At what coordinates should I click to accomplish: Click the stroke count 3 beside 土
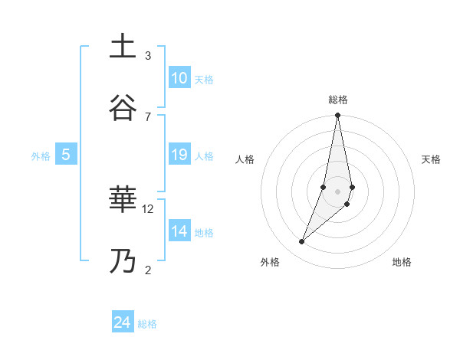point(148,56)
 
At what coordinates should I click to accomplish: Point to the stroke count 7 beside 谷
point(148,116)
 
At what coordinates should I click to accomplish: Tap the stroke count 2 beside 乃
point(148,270)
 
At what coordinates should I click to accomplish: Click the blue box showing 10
point(179,78)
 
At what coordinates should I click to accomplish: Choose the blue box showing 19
point(179,155)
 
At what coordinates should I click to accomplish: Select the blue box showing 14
point(179,231)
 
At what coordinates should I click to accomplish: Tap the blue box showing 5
point(66,155)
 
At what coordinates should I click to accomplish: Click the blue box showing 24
point(123,322)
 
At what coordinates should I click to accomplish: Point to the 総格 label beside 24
point(147,324)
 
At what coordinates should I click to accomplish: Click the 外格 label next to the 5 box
point(41,156)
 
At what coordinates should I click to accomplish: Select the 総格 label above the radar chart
point(338,100)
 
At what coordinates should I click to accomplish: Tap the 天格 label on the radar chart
point(432,159)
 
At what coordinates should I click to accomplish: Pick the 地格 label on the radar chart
point(402,263)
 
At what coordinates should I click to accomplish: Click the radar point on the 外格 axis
point(301,242)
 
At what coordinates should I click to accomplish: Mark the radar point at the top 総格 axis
point(338,116)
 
